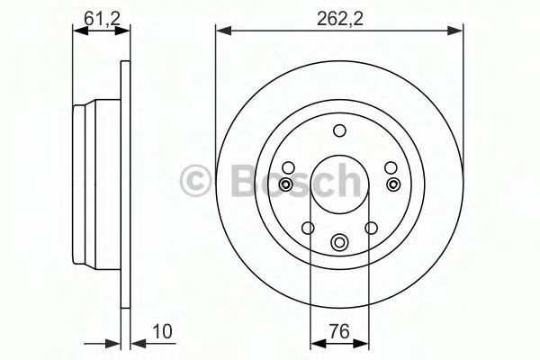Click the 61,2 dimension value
coord(102,18)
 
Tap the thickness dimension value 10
coord(162,332)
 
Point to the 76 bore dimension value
coord(339,332)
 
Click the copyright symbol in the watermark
coord(195,179)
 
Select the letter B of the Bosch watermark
coord(246,180)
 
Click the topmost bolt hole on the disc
coord(339,130)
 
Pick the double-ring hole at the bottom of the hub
coord(339,242)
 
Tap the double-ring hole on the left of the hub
coord(285,184)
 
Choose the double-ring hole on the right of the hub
coord(393,184)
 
